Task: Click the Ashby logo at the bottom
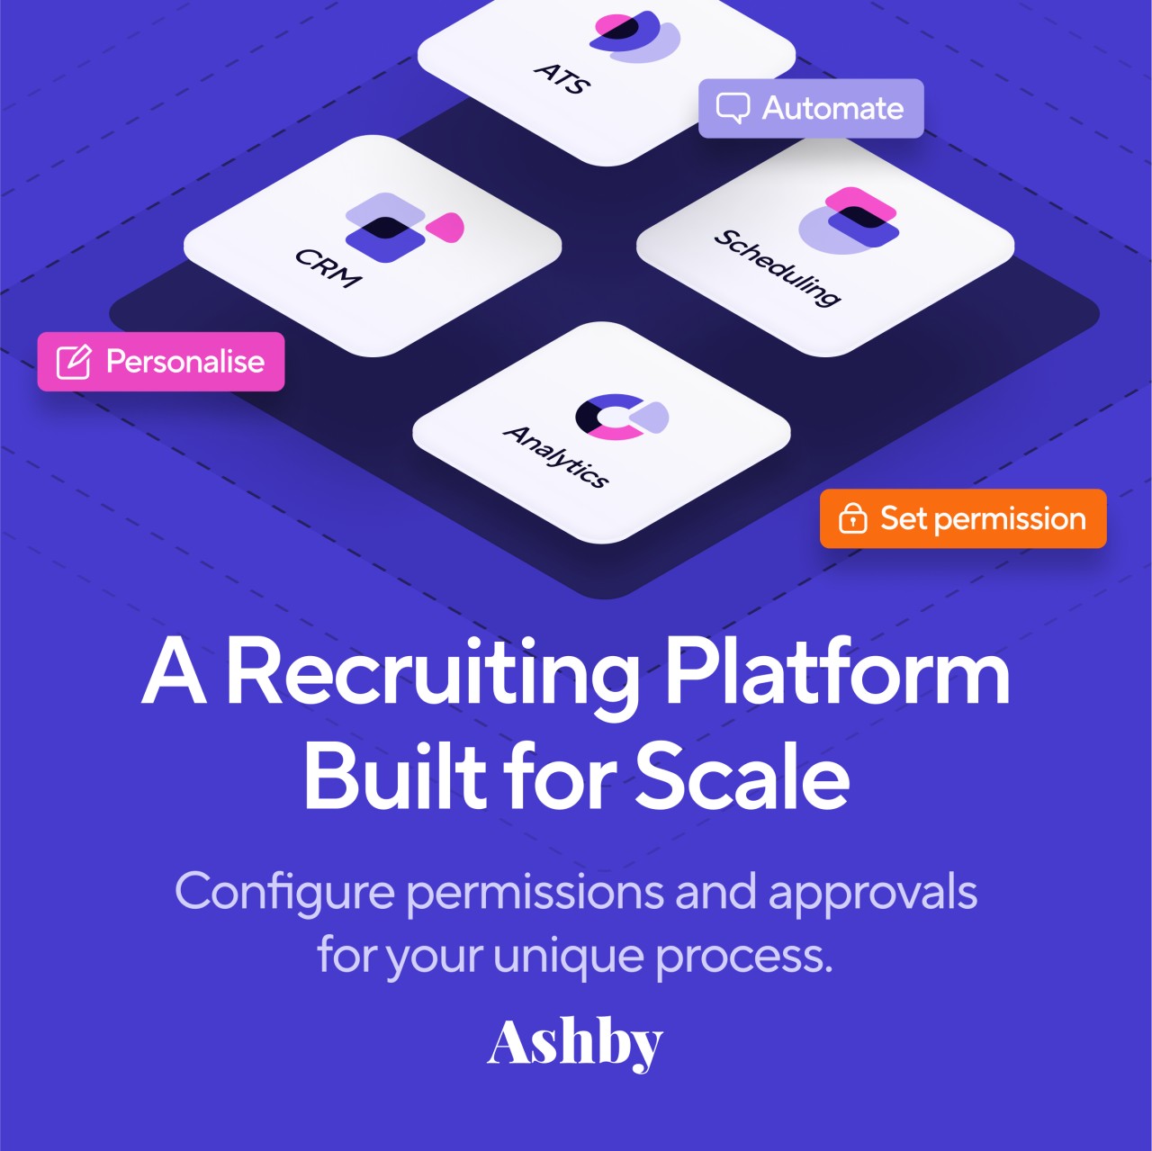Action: coord(574,1043)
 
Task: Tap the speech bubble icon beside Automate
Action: coord(733,108)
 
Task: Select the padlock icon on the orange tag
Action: coord(852,518)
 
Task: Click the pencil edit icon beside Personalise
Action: coord(74,362)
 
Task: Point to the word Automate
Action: coord(832,108)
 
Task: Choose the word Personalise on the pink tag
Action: coord(185,362)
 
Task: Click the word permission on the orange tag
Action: coord(1010,519)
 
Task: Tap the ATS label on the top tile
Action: coord(562,78)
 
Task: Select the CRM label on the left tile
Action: coord(328,267)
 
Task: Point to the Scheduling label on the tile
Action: coord(778,267)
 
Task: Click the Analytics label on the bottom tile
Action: coord(556,456)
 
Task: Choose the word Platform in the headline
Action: coord(837,673)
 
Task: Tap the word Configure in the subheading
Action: coord(284,893)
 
